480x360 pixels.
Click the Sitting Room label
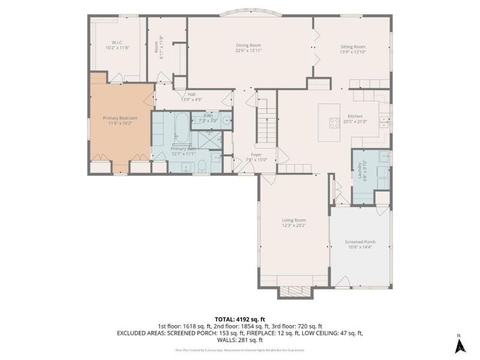[352, 46]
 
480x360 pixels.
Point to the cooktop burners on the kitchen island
[334, 122]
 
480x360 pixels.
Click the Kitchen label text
[355, 116]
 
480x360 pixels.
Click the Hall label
[191, 94]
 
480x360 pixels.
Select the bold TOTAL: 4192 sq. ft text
[241, 319]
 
